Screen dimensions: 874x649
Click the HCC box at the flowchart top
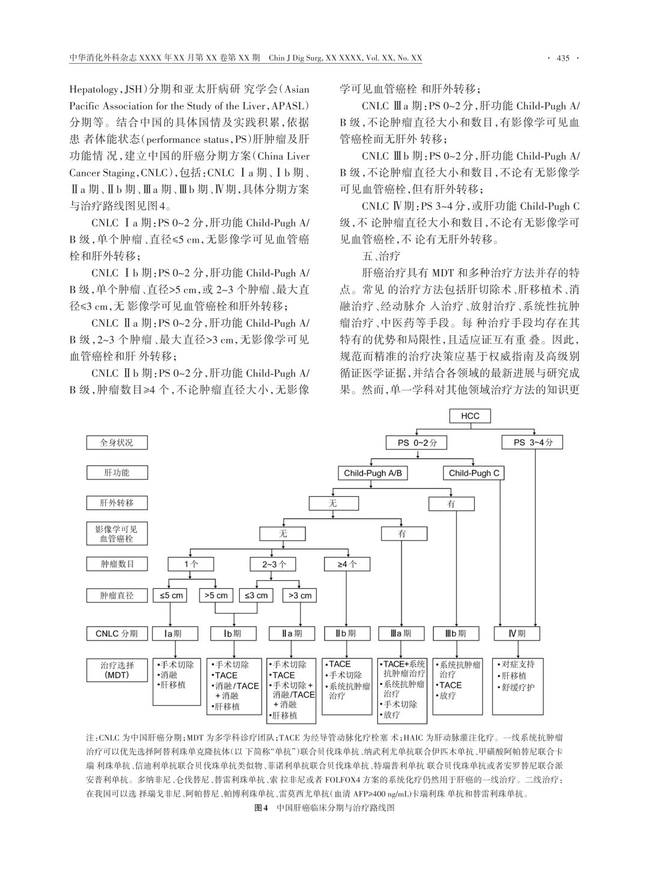click(470, 416)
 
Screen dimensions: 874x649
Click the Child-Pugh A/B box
click(373, 473)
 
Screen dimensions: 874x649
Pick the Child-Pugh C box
click(474, 473)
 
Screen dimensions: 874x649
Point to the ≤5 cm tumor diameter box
click(170, 595)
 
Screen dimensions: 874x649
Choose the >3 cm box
click(300, 595)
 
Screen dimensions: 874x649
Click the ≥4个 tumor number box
click(347, 564)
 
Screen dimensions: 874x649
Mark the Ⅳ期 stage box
click(517, 633)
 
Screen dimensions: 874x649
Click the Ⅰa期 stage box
click(174, 633)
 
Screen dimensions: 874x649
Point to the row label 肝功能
click(117, 473)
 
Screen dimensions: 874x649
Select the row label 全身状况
click(117, 443)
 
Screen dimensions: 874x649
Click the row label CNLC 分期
click(117, 633)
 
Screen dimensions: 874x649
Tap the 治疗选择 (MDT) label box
click(117, 670)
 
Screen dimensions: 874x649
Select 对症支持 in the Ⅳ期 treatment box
click(517, 664)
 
